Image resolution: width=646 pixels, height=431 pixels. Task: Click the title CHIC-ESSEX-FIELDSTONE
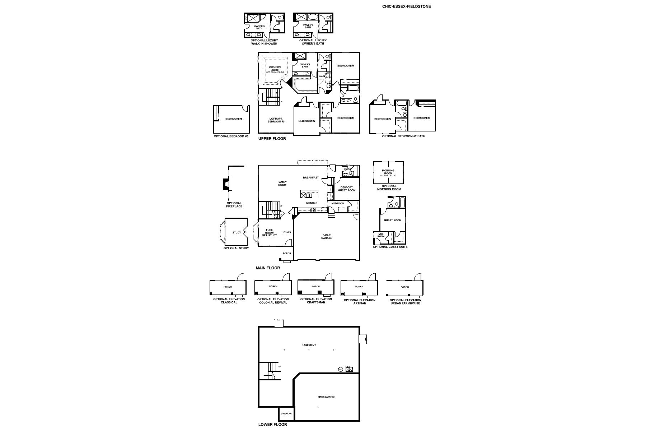(406, 6)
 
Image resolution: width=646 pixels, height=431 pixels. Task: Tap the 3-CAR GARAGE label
(327, 236)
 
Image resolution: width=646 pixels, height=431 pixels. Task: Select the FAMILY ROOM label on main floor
(282, 184)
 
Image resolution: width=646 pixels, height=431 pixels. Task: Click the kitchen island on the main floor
(309, 195)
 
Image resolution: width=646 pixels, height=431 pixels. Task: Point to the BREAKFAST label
(310, 177)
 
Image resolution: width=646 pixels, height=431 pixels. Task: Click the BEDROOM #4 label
(346, 66)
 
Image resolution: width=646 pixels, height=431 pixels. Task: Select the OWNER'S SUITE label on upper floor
(275, 68)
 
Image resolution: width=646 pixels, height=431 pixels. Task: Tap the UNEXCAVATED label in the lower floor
(326, 397)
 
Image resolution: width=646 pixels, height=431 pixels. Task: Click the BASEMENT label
(309, 345)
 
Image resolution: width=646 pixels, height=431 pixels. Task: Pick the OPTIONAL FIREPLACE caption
(234, 205)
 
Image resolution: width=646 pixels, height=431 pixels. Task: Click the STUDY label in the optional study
(237, 232)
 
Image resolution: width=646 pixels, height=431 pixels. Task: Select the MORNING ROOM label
(388, 172)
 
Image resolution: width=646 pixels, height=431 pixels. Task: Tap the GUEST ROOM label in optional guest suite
(393, 220)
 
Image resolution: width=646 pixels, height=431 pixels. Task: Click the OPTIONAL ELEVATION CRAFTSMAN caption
(316, 301)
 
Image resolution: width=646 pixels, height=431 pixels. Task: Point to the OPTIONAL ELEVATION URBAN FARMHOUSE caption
(405, 302)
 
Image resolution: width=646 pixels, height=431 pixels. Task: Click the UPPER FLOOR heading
(272, 139)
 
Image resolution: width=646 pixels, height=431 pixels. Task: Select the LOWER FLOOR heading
(272, 425)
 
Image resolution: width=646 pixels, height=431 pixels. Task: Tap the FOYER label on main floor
(287, 232)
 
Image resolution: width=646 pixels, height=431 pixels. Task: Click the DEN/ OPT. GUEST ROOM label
(346, 189)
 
